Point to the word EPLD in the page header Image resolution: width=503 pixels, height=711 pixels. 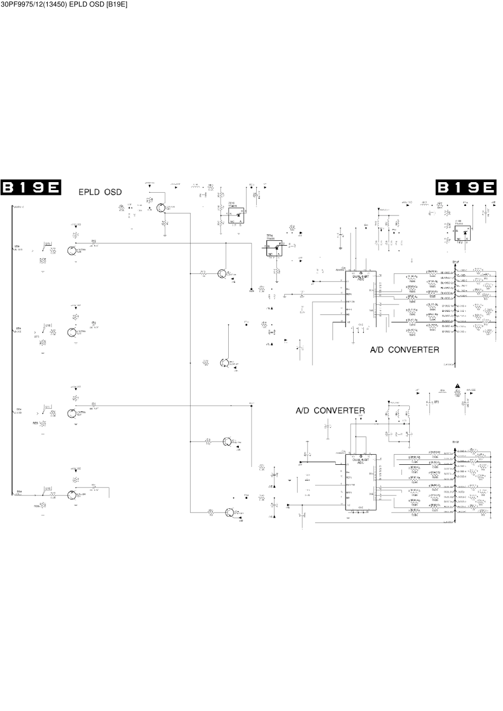[79, 4]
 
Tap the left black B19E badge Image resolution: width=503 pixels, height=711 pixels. [31, 187]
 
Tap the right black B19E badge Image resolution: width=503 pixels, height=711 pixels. [466, 187]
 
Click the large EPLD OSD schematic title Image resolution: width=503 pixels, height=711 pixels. [100, 192]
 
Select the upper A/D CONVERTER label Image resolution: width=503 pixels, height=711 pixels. [404, 350]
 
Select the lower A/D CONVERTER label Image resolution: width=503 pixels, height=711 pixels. [330, 410]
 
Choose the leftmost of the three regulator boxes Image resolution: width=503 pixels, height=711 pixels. [236, 215]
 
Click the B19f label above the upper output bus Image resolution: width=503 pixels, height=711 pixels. [455, 262]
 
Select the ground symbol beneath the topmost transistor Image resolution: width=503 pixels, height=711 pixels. [165, 225]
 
